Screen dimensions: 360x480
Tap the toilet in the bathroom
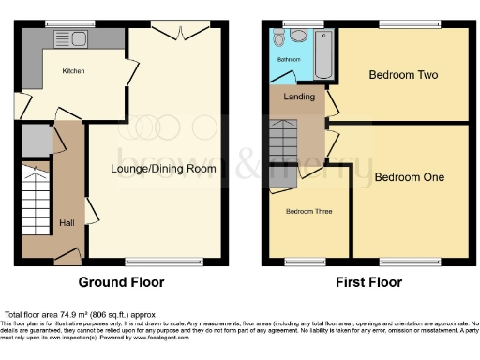tap(298, 36)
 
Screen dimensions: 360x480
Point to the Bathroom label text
tap(289, 59)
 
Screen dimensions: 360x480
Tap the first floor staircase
tap(284, 141)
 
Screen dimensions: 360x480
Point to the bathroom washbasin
tap(279, 39)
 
